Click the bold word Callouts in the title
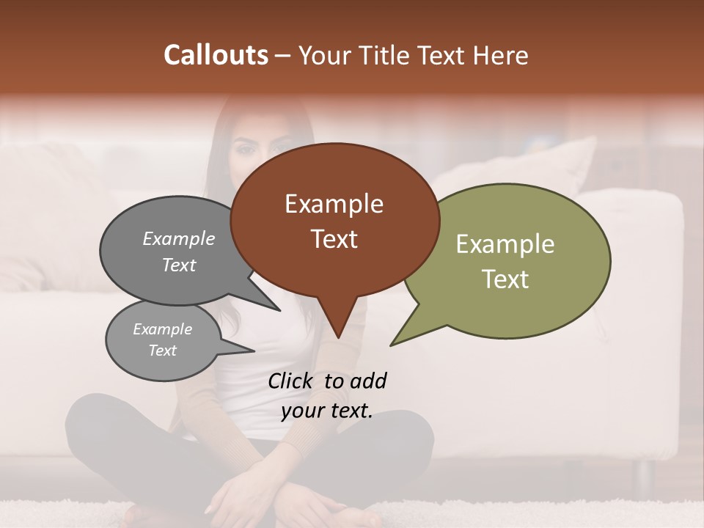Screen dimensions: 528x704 (216, 55)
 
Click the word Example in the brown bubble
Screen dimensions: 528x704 (334, 204)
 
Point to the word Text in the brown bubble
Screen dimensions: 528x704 (334, 239)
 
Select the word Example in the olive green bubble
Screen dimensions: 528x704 (505, 244)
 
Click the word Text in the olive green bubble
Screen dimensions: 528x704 (505, 279)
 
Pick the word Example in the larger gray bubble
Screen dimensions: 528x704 (179, 238)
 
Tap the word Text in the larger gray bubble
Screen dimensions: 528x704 (179, 265)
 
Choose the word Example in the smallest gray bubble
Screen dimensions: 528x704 (163, 329)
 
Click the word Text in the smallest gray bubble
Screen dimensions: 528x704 (163, 351)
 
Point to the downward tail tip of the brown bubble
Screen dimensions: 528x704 (338, 337)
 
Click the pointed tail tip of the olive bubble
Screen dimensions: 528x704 (391, 345)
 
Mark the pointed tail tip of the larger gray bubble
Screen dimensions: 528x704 (280, 310)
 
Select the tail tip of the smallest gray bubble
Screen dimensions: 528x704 (254, 351)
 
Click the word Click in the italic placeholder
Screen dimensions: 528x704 (292, 381)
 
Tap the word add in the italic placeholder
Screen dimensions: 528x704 (368, 381)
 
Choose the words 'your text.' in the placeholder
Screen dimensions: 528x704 (327, 411)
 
